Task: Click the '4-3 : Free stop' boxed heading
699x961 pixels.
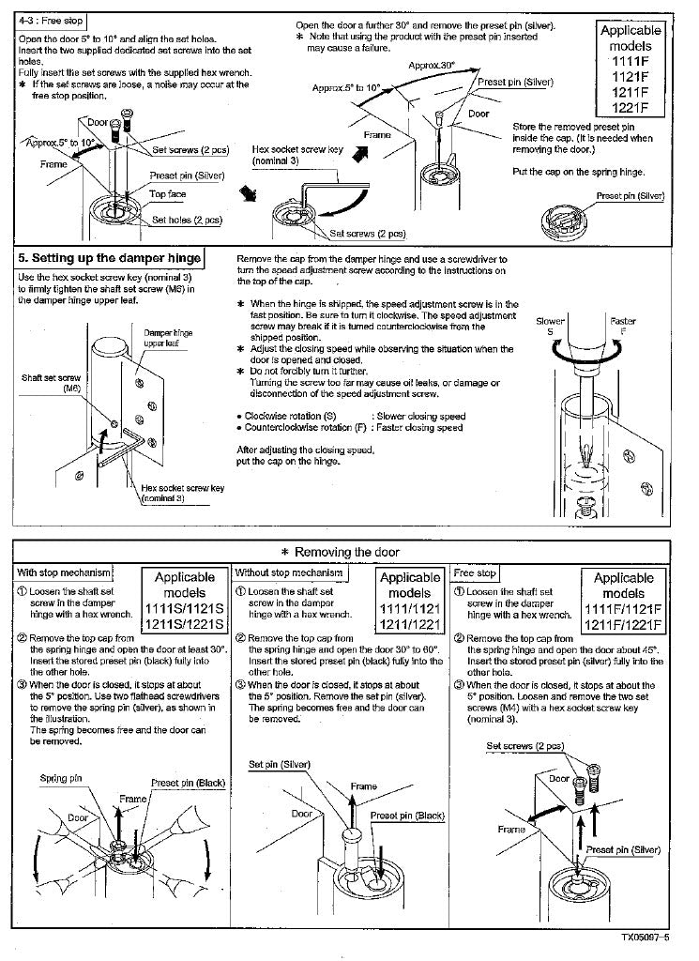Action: (x=47, y=21)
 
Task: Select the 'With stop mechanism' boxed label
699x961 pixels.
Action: (x=63, y=572)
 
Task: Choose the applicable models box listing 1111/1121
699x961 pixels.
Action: (x=408, y=601)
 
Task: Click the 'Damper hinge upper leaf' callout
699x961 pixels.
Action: (x=168, y=338)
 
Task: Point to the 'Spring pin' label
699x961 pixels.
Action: (x=60, y=778)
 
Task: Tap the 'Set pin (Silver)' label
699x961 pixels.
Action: (x=280, y=764)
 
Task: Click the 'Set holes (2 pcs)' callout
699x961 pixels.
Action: (x=187, y=220)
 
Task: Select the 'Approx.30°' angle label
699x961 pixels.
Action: (x=432, y=65)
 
